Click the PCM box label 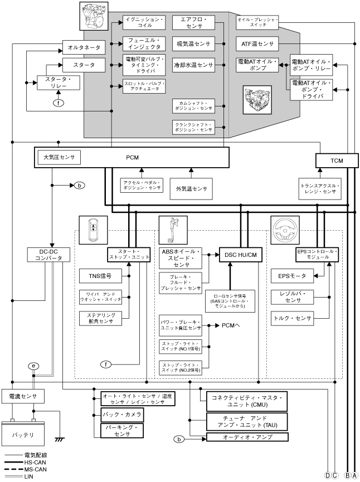pyautogui.click(x=132, y=158)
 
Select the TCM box pyautogui.click(x=335, y=160)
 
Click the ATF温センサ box pyautogui.click(x=257, y=43)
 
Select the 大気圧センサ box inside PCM pyautogui.click(x=59, y=157)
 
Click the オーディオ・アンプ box pyautogui.click(x=246, y=438)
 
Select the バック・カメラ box pyautogui.click(x=122, y=415)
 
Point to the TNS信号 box pyautogui.click(x=100, y=275)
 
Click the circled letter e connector pyautogui.click(x=35, y=366)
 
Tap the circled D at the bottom pyautogui.click(x=328, y=475)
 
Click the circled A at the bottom pyautogui.click(x=354, y=475)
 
